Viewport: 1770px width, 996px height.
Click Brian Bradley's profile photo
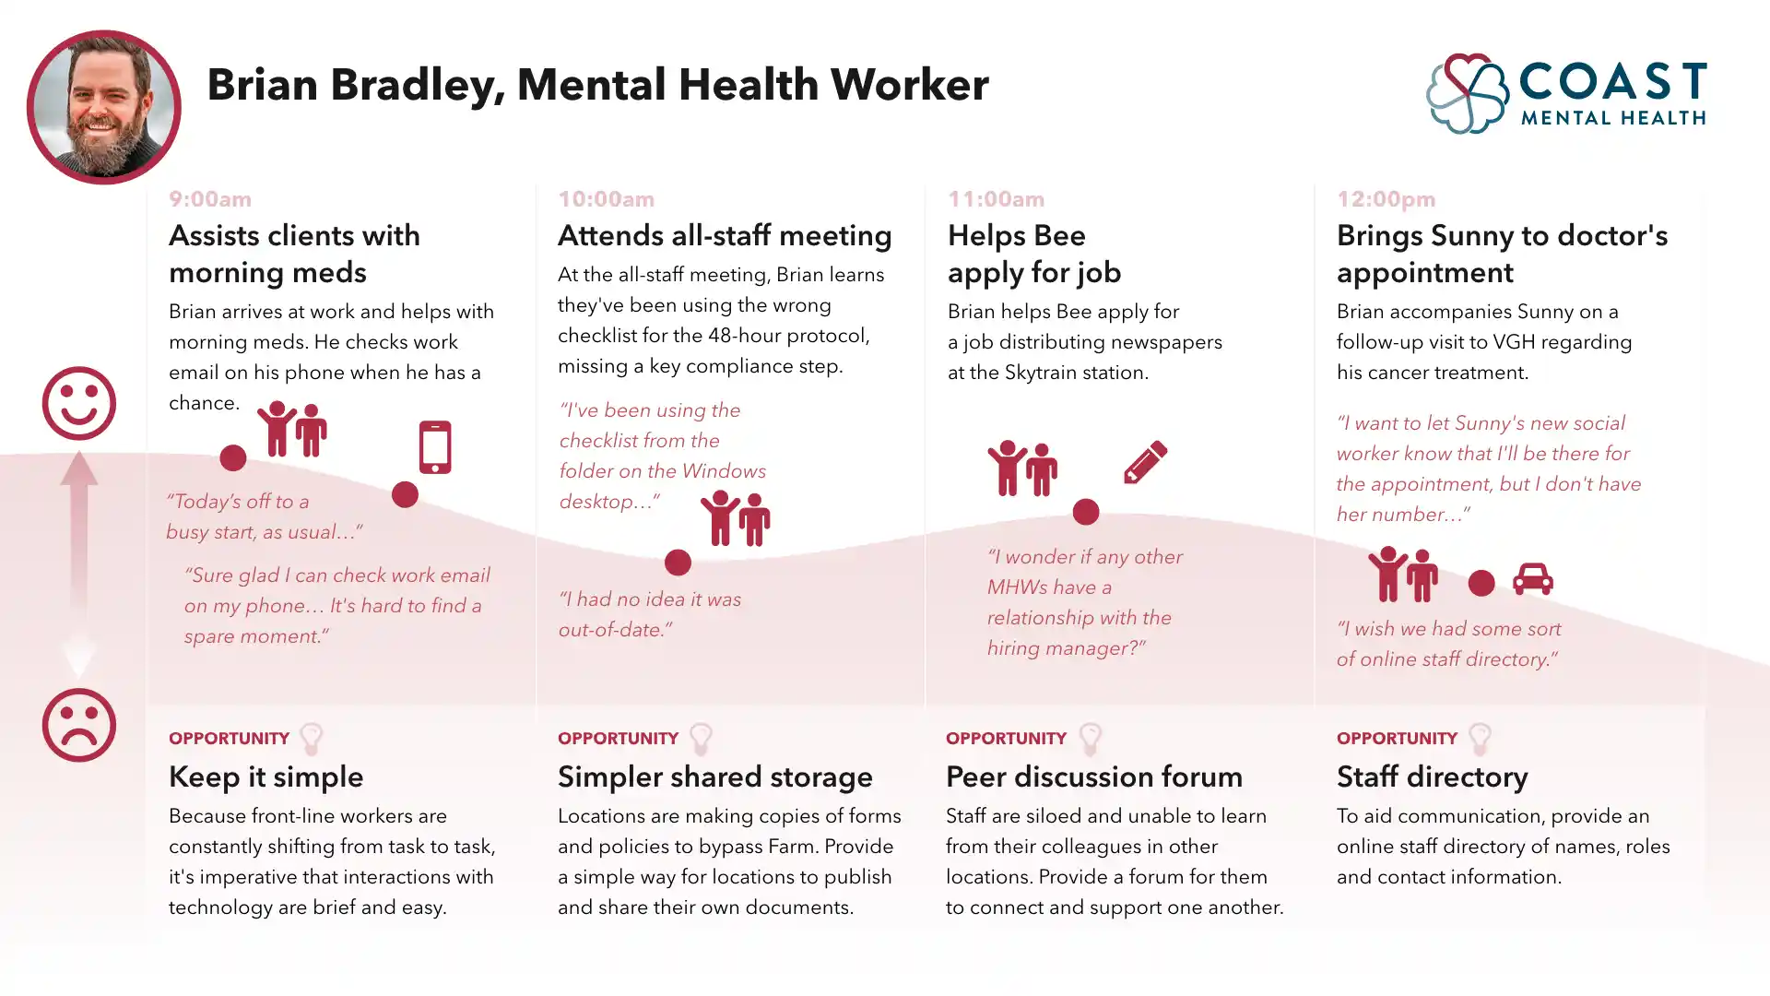click(x=103, y=107)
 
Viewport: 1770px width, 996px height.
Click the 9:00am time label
click(x=210, y=199)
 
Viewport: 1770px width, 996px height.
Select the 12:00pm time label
click(x=1386, y=199)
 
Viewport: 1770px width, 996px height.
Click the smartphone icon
click(x=435, y=447)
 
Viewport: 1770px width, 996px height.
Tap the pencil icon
click(x=1145, y=461)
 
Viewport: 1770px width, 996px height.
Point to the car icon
click(x=1532, y=579)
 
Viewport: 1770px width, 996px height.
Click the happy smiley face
click(x=78, y=403)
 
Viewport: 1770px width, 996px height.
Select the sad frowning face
click(x=78, y=725)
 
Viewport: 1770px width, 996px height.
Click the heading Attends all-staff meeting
click(x=725, y=236)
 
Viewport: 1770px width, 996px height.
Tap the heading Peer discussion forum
click(x=1093, y=777)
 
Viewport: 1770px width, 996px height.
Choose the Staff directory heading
click(x=1432, y=777)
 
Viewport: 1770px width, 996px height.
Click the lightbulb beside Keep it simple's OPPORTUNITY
click(x=312, y=739)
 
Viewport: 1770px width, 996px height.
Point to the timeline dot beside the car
click(x=1481, y=583)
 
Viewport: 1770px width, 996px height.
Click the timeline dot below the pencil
click(x=1086, y=512)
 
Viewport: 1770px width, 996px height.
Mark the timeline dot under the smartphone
click(x=405, y=494)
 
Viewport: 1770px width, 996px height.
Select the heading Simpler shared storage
click(x=714, y=777)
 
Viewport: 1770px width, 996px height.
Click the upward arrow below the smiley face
click(x=78, y=498)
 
